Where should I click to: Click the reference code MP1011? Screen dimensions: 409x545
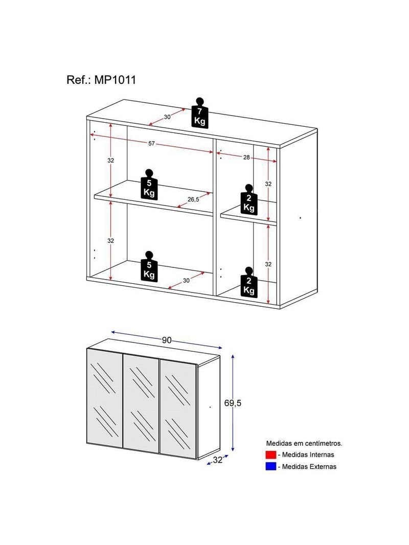(115, 80)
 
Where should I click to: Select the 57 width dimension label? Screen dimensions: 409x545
(151, 144)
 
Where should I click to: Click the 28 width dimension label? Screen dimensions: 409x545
(246, 157)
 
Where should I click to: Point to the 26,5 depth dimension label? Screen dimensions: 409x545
(193, 199)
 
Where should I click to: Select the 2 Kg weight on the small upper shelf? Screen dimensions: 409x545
(249, 199)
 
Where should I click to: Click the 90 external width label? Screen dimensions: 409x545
(167, 340)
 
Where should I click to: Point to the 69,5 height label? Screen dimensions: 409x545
(233, 403)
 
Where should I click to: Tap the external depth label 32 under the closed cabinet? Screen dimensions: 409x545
(217, 460)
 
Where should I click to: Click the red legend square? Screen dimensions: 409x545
(270, 455)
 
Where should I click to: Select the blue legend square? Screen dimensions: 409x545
(270, 466)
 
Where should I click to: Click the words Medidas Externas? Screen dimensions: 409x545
(309, 466)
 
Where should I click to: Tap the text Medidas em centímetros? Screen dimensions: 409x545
(304, 443)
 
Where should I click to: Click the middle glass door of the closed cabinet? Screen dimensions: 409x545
(141, 403)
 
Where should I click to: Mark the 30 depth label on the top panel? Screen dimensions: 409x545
(167, 117)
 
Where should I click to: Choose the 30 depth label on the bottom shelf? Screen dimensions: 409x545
(186, 281)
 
